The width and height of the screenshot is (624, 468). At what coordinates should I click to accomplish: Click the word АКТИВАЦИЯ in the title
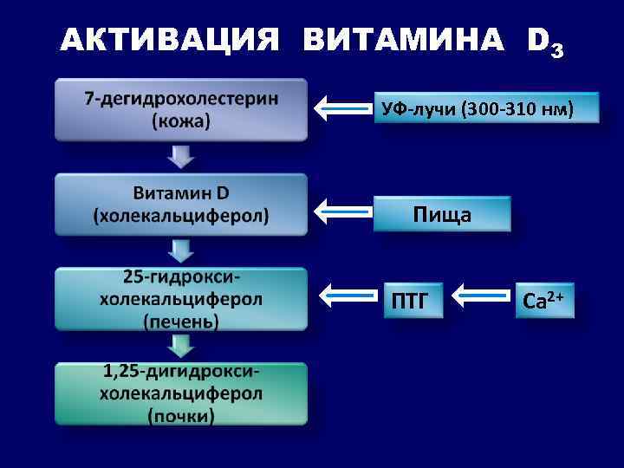(171, 40)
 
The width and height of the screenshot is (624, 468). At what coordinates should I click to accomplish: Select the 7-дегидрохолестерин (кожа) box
(181, 110)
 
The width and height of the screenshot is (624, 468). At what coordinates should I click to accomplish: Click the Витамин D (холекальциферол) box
(181, 204)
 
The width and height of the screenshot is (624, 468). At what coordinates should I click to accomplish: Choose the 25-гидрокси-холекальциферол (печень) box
(181, 298)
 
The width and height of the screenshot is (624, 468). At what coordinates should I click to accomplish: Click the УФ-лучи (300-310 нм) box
(486, 110)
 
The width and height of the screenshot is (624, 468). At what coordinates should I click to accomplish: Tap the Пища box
(442, 213)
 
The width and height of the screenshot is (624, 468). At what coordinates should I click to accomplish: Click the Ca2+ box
(544, 301)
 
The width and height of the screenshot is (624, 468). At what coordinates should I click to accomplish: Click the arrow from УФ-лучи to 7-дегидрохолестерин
(341, 109)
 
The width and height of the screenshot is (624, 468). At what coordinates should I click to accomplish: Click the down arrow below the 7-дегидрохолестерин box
(181, 156)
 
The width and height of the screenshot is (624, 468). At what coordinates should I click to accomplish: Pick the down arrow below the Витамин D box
(181, 250)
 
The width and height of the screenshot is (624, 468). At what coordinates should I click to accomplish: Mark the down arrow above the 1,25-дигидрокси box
(181, 346)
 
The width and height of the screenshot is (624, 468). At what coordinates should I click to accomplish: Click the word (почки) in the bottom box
(181, 416)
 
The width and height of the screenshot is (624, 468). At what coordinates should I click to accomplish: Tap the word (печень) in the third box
(181, 321)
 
